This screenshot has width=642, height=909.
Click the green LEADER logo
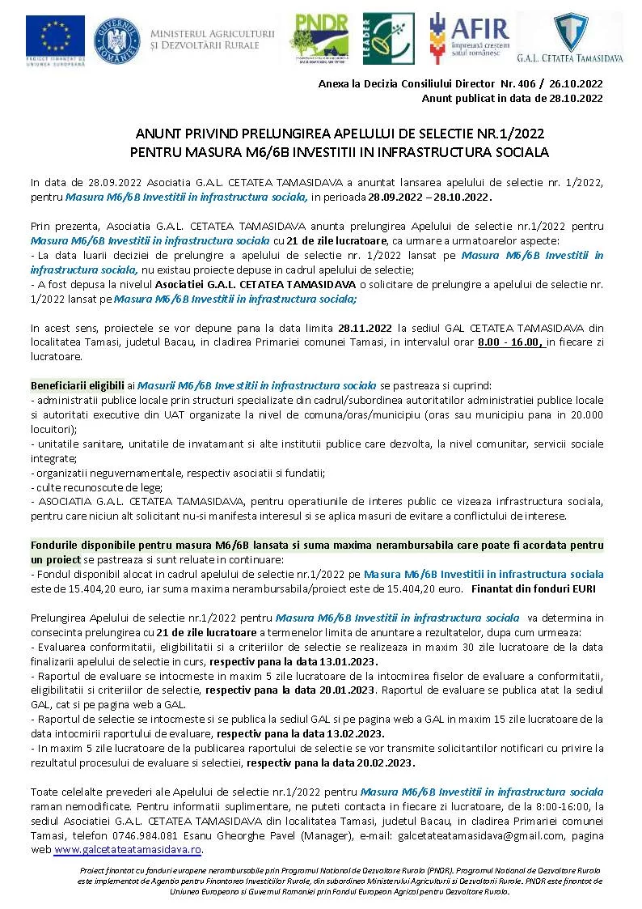pyautogui.click(x=388, y=38)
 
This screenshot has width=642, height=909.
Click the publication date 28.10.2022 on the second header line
pyautogui.click(x=575, y=98)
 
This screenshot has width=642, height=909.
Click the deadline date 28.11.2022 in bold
pyautogui.click(x=365, y=329)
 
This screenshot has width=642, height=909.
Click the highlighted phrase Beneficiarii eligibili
pyautogui.click(x=77, y=384)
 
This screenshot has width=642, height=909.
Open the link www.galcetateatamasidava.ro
pyautogui.click(x=128, y=850)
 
